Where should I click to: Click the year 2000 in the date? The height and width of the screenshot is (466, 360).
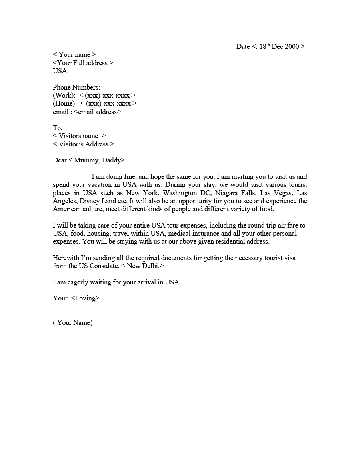(x=292, y=46)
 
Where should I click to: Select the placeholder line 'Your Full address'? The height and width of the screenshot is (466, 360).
(x=83, y=63)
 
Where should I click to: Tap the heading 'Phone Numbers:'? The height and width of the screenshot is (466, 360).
(x=76, y=87)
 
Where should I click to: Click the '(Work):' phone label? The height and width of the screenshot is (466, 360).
(x=64, y=95)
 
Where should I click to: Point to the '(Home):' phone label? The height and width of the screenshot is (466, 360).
(x=65, y=104)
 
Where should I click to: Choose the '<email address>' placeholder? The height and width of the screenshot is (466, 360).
(x=97, y=112)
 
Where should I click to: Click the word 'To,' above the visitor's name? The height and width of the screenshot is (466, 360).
(x=58, y=128)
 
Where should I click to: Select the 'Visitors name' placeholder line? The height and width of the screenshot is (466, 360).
(x=79, y=136)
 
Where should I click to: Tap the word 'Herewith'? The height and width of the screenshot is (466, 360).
(x=66, y=258)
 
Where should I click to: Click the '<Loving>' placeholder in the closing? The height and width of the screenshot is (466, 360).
(x=85, y=298)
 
